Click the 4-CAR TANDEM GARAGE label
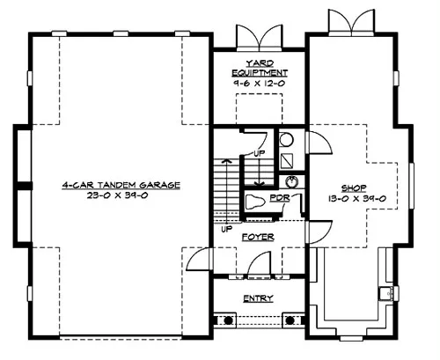(x=121, y=186)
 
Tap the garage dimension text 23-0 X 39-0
(x=117, y=195)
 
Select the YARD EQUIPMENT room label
(x=260, y=68)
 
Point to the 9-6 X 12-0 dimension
(x=259, y=83)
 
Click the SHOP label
(x=354, y=188)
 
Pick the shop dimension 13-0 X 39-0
(x=356, y=199)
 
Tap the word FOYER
(x=258, y=237)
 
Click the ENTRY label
(x=258, y=298)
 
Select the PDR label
(x=280, y=198)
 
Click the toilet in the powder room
(x=254, y=202)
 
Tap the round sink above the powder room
(x=291, y=182)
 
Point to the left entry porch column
(x=228, y=320)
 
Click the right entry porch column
(x=290, y=320)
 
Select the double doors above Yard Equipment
(x=260, y=37)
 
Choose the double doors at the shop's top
(x=351, y=22)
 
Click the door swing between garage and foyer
(x=198, y=259)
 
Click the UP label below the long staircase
(x=226, y=229)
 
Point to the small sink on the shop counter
(x=385, y=293)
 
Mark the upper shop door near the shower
(x=319, y=143)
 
